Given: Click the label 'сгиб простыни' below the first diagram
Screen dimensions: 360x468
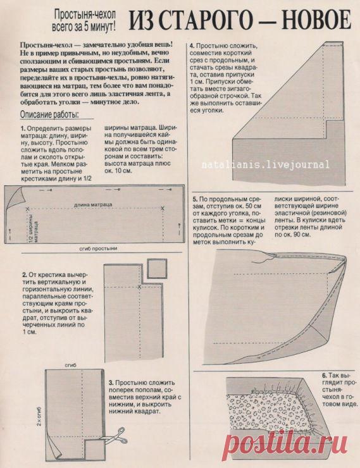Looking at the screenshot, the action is [99, 249].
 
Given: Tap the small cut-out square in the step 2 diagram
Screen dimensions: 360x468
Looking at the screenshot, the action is [157, 269].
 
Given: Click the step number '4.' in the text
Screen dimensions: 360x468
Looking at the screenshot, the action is [192, 46].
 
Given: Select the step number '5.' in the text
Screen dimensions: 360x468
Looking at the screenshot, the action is [196, 199].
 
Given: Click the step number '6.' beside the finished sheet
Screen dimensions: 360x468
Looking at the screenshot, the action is [323, 376].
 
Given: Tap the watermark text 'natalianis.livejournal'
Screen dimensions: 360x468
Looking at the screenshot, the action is [265, 164].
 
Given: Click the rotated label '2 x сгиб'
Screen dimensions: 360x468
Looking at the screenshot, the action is [39, 416].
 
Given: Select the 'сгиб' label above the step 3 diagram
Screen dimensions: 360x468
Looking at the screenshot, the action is [70, 365].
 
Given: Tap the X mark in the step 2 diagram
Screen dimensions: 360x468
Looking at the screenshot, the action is [139, 287].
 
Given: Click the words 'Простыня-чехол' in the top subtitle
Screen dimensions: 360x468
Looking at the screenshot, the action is [85, 14].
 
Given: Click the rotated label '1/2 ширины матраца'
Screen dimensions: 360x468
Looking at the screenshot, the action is [34, 228].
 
